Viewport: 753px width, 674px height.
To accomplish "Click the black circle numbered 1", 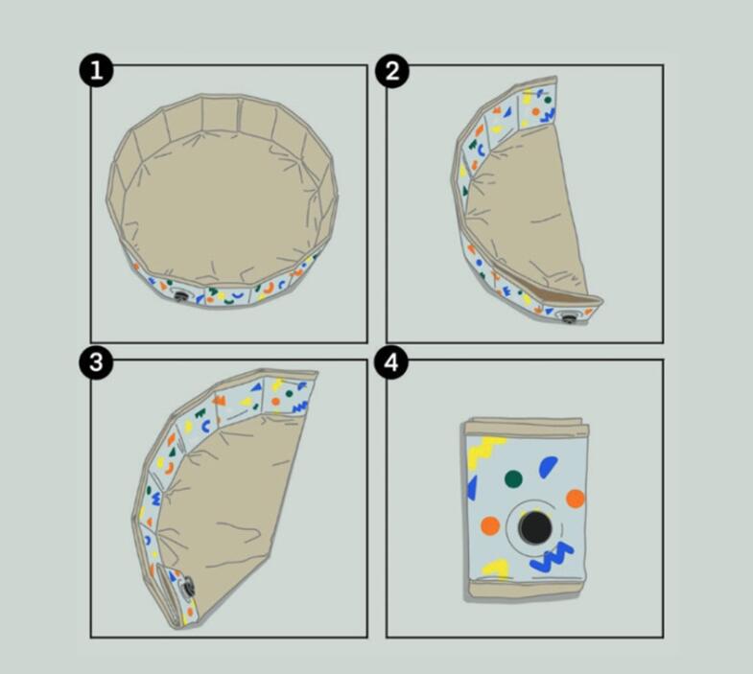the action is point(97,70).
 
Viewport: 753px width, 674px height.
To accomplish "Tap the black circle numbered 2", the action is point(392,71).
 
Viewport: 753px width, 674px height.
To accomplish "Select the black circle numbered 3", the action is point(97,361).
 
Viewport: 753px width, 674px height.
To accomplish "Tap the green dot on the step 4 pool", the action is point(513,478).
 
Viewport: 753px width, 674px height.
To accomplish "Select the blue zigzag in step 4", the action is point(552,557).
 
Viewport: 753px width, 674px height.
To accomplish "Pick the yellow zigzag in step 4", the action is point(483,451).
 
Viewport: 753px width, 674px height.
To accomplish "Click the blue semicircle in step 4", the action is point(548,467).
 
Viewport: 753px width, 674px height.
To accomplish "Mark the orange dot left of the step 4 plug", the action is point(490,525).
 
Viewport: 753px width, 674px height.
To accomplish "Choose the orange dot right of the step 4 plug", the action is point(576,499).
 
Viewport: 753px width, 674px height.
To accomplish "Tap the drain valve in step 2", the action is point(569,317).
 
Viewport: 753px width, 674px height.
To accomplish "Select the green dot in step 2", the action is point(548,100).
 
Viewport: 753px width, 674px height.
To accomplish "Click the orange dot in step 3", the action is point(275,401).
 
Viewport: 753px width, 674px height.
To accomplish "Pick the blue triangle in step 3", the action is point(257,386).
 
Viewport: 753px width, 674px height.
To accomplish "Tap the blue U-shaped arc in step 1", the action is point(237,294).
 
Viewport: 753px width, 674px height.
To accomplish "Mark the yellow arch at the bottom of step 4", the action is point(495,568).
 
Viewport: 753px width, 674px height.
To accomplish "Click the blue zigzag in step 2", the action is point(548,115).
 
